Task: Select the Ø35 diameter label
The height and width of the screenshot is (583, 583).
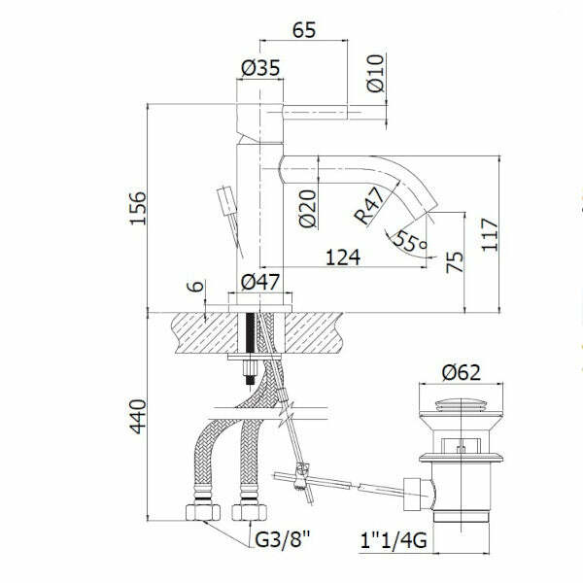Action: [259, 68]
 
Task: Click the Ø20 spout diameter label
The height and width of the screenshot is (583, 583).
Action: [307, 207]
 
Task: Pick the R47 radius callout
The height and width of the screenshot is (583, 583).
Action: [370, 207]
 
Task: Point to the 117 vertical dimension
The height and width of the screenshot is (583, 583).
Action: [490, 234]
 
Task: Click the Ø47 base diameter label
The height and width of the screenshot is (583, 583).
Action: [259, 283]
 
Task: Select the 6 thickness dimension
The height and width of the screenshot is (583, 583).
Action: [194, 289]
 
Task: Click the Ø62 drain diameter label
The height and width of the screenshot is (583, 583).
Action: [462, 372]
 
